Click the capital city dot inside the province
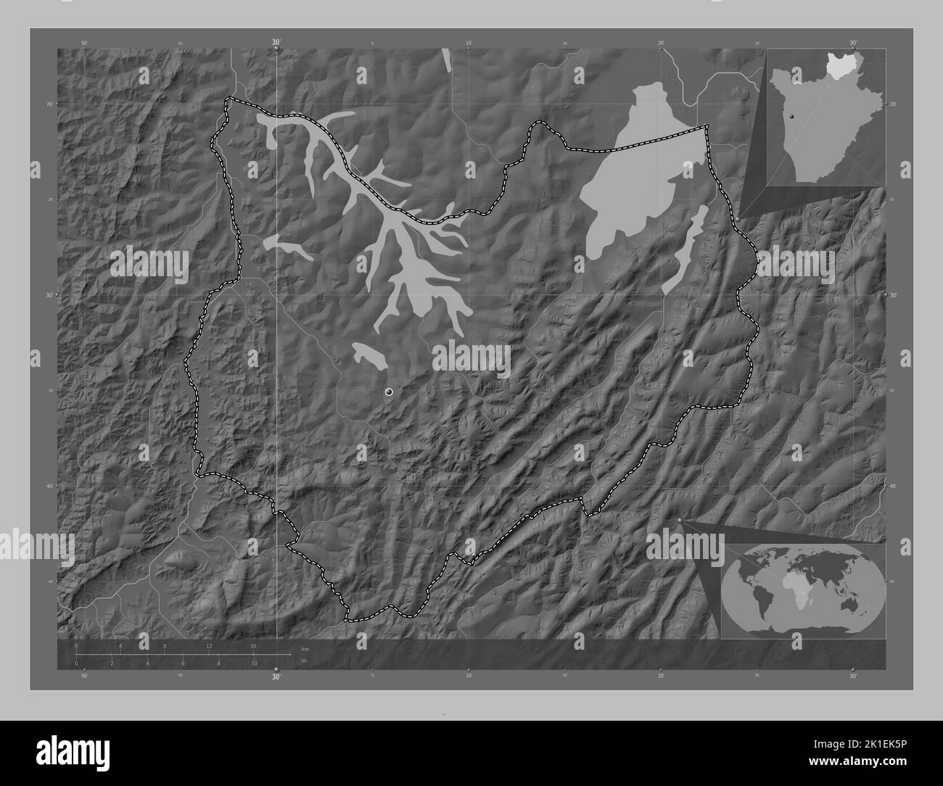coord(389,392)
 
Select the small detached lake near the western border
coord(286,246)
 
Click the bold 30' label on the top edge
coord(276,43)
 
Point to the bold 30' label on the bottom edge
coord(276,677)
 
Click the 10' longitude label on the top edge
coord(469,44)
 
